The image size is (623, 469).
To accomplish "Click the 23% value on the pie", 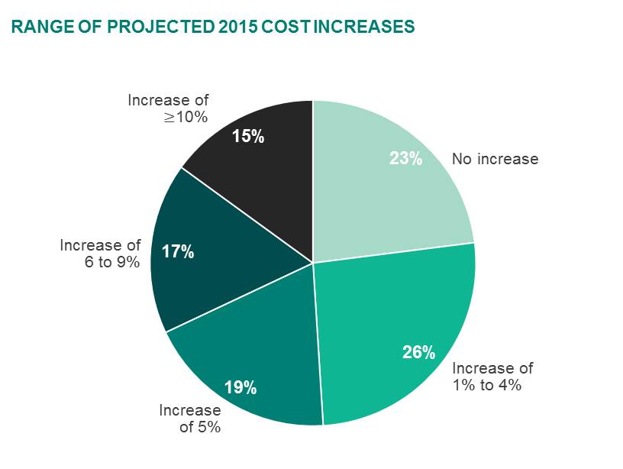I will tap(405, 159).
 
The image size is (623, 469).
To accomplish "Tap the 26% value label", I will tap(418, 352).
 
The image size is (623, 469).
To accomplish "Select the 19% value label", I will tap(240, 388).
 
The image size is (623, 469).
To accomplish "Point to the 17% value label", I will tap(178, 251).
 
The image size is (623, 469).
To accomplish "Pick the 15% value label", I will tap(248, 137).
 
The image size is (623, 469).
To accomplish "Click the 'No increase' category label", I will tap(495, 159).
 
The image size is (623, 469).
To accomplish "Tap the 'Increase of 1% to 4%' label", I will tap(492, 377).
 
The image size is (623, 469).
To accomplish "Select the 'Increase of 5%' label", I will tap(190, 419).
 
